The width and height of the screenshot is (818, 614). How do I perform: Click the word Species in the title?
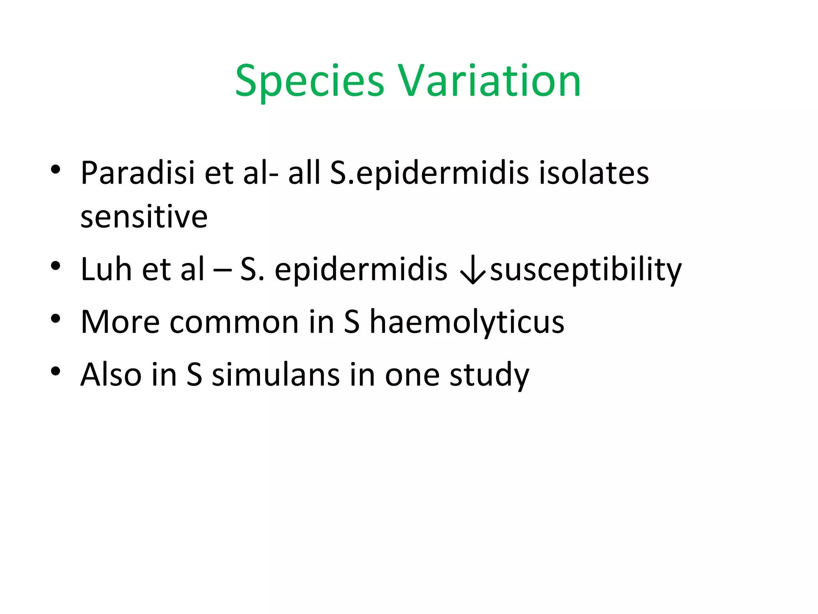[x=310, y=82]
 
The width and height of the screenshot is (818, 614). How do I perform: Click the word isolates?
[x=594, y=173]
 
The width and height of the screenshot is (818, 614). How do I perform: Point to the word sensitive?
[x=144, y=217]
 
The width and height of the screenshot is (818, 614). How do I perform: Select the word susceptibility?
[x=586, y=270]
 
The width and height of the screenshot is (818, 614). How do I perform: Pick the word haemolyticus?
[x=467, y=322]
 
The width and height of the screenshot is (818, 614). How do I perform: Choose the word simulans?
[x=276, y=375]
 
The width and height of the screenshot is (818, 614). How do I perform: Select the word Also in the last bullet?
[x=111, y=375]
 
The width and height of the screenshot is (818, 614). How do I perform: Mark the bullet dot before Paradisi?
[x=56, y=169]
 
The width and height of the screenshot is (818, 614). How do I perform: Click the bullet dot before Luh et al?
[x=56, y=265]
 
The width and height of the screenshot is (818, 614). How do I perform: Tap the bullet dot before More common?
[x=56, y=318]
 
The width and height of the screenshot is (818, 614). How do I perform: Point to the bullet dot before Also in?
[x=56, y=371]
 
